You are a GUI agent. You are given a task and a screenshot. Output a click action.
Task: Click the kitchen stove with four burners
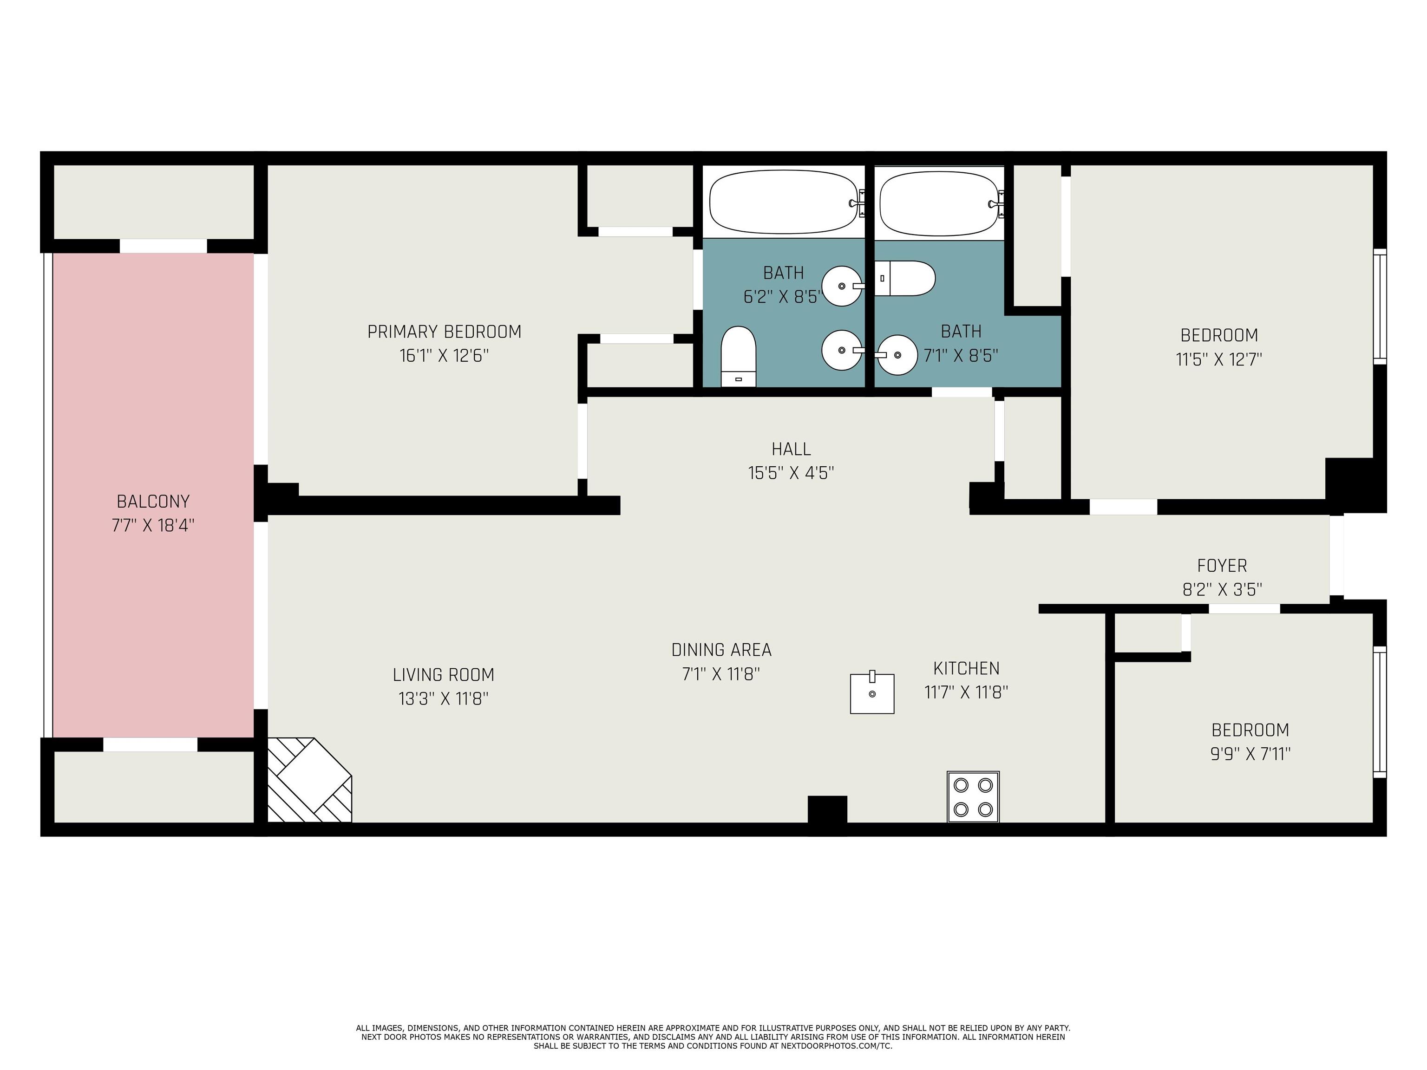973,796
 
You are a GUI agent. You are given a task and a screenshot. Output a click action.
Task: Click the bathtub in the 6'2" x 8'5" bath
783,202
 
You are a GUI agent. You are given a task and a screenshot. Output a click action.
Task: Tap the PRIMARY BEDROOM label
444,332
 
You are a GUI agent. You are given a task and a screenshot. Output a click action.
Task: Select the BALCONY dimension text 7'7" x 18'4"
153,525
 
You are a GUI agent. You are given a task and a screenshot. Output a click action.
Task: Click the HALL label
791,449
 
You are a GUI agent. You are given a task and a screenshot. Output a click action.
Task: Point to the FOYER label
1222,566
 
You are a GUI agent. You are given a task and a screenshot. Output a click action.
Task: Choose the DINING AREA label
721,650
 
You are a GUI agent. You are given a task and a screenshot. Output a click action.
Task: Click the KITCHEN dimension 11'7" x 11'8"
966,692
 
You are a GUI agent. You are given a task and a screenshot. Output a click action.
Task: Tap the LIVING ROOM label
443,675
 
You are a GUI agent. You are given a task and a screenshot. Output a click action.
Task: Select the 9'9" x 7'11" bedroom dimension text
1250,753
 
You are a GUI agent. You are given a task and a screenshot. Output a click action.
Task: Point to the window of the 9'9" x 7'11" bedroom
1379,711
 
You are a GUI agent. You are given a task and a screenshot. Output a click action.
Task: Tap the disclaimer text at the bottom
713,1037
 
